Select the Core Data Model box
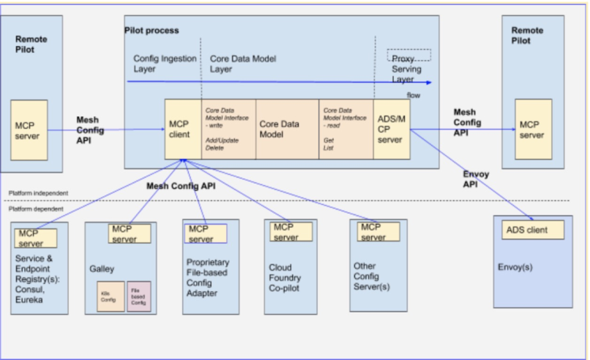tap(286, 127)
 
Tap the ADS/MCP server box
tap(391, 127)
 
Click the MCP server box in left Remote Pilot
tap(28, 130)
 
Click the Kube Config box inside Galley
tap(110, 297)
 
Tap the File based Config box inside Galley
tap(138, 297)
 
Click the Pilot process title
tap(152, 30)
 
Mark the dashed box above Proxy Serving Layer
tap(408, 55)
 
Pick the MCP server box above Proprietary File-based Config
tap(206, 233)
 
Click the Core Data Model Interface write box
tap(227, 127)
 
